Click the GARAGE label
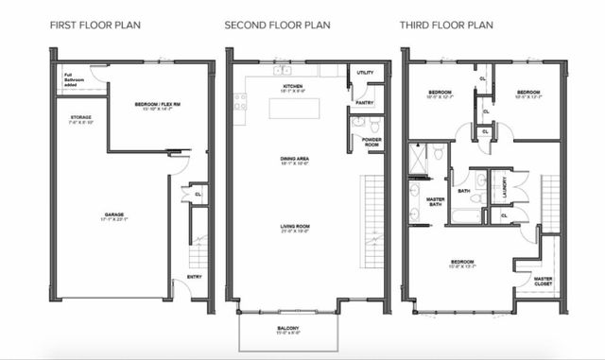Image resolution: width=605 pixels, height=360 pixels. (x=114, y=216)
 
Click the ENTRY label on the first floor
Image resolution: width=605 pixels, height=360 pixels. (x=194, y=276)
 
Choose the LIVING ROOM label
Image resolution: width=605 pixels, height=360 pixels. (x=293, y=228)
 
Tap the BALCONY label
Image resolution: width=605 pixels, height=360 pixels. (x=289, y=328)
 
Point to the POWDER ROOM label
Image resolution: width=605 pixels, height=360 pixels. (x=372, y=142)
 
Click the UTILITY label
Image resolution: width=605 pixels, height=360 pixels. (x=366, y=72)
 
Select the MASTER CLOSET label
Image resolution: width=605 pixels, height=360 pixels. (x=544, y=280)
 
